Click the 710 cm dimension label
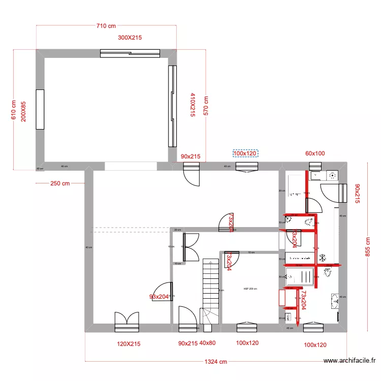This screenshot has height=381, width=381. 106,25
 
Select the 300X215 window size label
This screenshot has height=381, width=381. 130,38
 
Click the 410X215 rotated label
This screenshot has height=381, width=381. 193,105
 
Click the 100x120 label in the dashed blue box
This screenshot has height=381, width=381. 245,153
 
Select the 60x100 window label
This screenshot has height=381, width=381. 315,153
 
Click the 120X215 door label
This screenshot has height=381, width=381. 129,344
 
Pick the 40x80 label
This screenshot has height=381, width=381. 208,343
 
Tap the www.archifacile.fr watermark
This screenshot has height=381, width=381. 350,361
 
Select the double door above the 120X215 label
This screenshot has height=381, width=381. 127,320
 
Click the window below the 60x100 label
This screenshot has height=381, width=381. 315,165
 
